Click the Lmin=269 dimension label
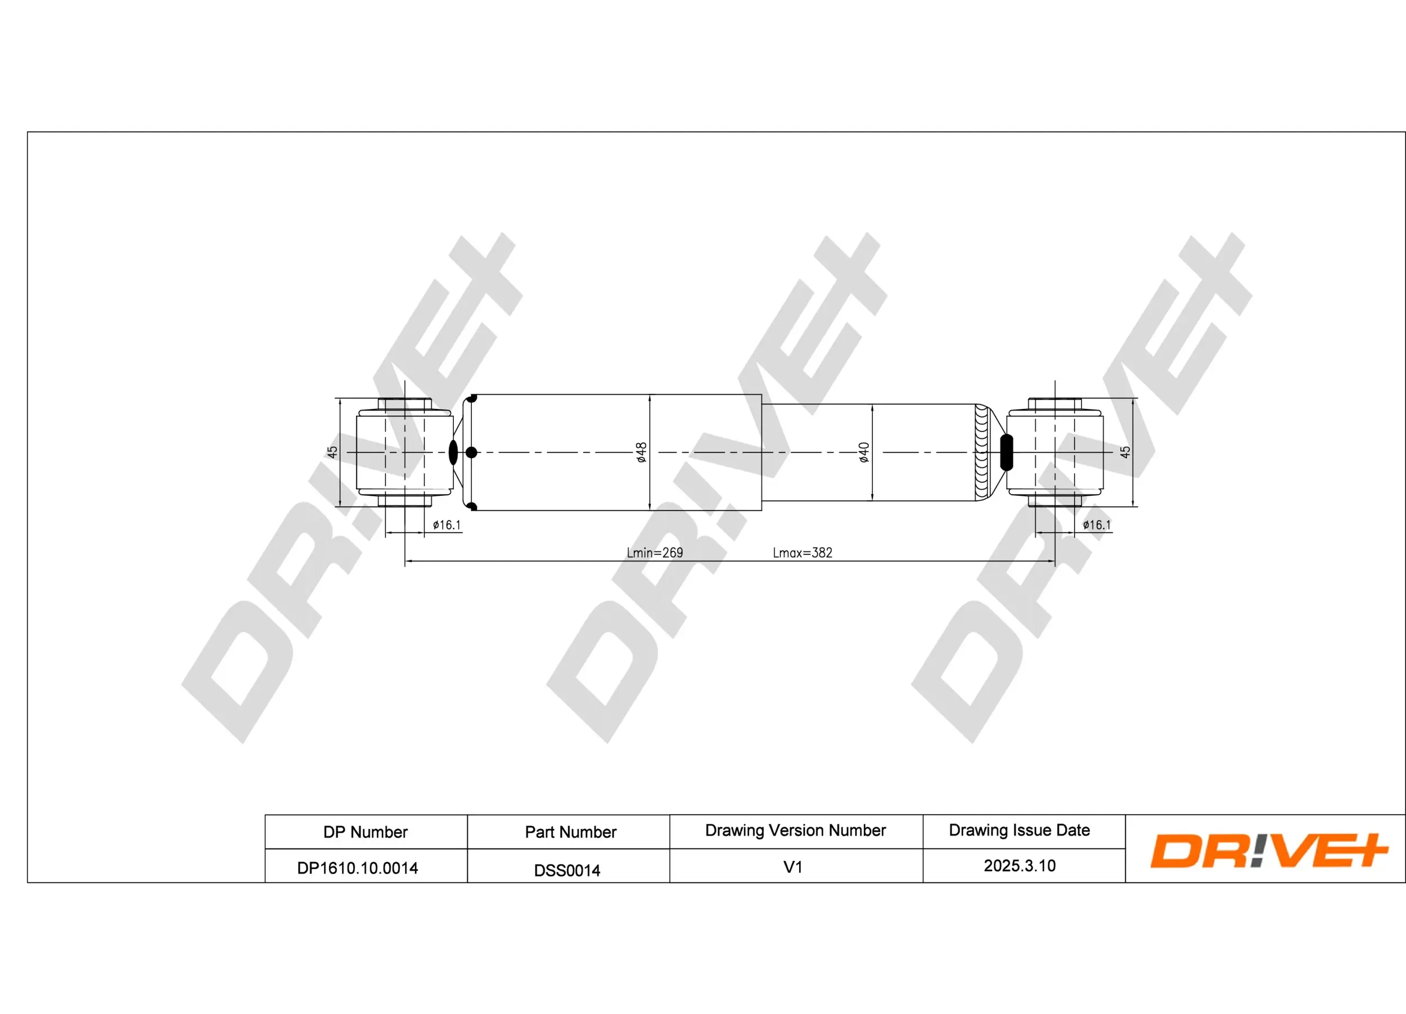655,553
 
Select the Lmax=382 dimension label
802,553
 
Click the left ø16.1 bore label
447,526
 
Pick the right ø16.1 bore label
1097,526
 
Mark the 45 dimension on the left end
332,452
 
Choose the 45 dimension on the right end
1125,452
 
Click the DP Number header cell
365,832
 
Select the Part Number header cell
570,832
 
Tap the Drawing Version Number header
795,830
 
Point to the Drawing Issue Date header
1019,830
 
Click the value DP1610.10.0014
357,868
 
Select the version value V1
793,867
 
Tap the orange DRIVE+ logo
1268,850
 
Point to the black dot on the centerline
471,453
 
